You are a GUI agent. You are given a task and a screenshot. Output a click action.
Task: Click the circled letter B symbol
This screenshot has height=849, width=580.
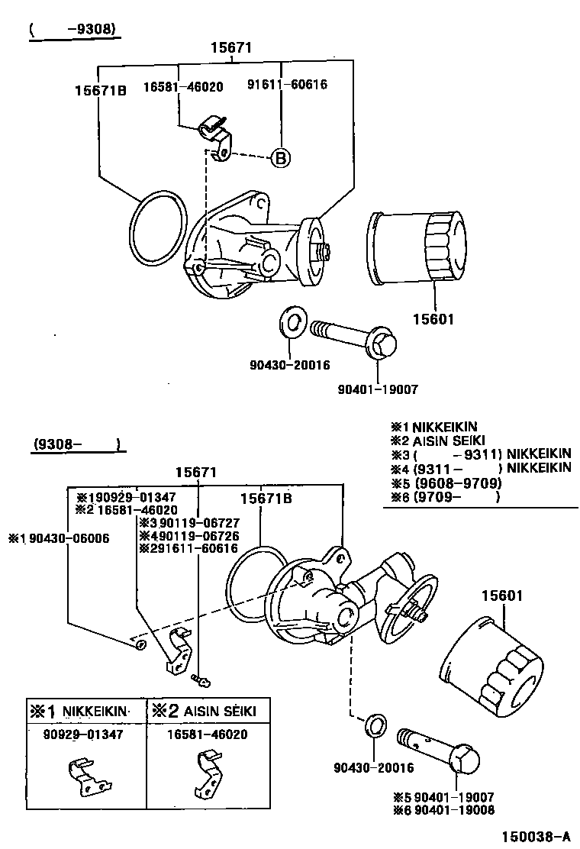[280, 157]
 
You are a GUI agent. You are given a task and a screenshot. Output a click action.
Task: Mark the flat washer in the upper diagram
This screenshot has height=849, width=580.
[292, 322]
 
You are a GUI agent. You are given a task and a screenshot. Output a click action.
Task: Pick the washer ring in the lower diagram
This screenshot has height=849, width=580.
[374, 726]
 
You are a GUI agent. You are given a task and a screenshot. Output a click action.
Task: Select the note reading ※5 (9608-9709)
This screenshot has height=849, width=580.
[446, 483]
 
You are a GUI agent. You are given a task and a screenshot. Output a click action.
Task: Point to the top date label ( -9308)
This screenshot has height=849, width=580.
[72, 30]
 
